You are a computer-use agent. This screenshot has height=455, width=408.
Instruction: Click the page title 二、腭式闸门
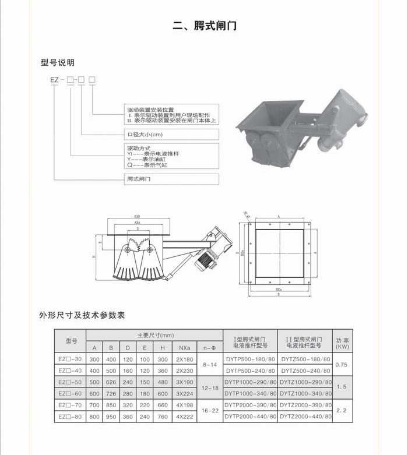(x=205, y=26)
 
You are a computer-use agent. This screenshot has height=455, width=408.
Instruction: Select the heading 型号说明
(x=58, y=62)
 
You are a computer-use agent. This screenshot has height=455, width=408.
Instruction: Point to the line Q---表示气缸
(x=147, y=165)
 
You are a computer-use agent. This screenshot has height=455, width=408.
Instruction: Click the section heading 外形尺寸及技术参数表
(x=82, y=315)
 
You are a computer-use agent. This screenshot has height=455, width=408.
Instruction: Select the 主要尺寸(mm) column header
(x=155, y=336)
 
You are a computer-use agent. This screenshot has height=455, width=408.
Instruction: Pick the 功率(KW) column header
(x=343, y=343)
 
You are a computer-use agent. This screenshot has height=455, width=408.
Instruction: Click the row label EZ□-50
(x=71, y=382)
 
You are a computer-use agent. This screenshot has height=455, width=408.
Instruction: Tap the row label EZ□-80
(x=71, y=416)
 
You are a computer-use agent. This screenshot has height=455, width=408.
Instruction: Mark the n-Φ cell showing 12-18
(x=210, y=387)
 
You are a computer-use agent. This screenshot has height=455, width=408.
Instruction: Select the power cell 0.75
(x=343, y=365)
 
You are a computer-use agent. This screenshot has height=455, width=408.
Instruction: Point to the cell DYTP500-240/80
(x=250, y=371)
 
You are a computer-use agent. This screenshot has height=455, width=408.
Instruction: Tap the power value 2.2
(x=343, y=410)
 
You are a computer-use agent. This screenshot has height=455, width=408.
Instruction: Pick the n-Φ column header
(x=210, y=348)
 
